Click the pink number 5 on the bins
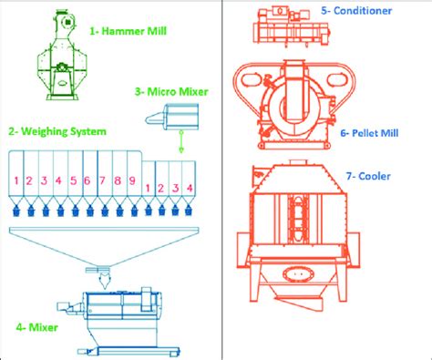72,180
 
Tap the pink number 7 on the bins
101,180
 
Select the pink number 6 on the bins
87,180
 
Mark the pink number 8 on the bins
116,180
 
